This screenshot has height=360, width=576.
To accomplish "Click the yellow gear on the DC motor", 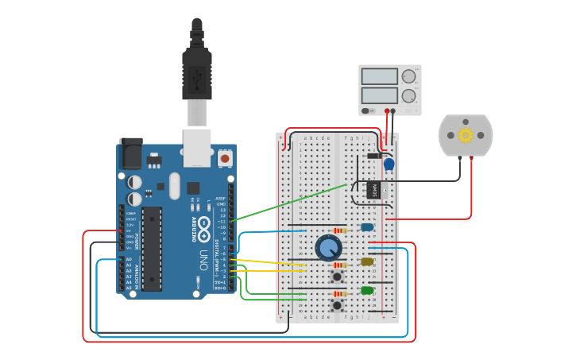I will tap(466, 135).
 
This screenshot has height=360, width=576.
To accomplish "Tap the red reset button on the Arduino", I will tap(225, 159).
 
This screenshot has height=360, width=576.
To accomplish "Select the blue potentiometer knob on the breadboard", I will tap(328, 248).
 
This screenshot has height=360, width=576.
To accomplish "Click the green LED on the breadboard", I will tap(367, 290).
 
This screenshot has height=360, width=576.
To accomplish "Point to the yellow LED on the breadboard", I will tap(367, 261).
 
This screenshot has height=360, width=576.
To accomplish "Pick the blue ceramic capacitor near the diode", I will tap(389, 165).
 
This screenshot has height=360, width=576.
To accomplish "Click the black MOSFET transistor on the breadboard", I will tap(373, 190).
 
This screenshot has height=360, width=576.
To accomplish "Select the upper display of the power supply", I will tap(379, 77).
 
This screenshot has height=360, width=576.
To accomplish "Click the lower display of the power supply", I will tap(379, 95).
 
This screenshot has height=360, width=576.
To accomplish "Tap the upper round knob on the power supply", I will tap(408, 77).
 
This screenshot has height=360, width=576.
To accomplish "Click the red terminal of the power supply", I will tap(387, 111).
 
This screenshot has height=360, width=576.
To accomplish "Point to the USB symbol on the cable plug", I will tap(197, 77).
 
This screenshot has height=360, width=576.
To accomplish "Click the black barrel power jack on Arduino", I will tap(130, 153).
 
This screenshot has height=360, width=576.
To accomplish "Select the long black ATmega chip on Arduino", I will tap(152, 249).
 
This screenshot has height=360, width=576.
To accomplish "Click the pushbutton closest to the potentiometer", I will tap(338, 277).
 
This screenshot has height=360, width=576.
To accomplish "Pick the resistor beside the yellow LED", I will tap(340, 265).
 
